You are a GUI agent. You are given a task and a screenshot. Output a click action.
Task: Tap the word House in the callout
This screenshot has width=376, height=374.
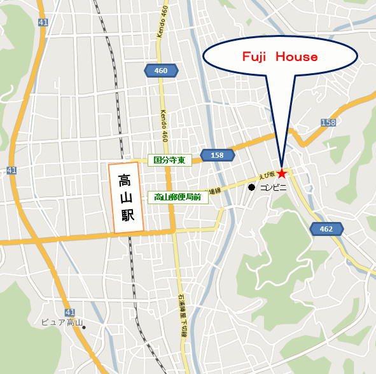tap(297, 57)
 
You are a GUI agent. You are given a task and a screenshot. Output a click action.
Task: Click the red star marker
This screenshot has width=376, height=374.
tap(282, 172)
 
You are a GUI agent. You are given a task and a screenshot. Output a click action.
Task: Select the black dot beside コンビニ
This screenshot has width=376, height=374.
tap(252, 188)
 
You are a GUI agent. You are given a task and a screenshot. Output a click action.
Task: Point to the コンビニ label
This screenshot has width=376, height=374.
tap(274, 188)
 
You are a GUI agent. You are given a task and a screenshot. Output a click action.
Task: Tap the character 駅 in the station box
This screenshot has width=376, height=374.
tap(127, 215)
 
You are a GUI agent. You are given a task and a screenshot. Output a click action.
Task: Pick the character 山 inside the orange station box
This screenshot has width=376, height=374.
tap(126, 198)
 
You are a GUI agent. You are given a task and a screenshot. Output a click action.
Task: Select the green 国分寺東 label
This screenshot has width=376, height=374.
tap(170, 160)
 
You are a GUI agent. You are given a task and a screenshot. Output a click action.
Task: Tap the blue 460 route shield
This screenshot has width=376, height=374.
tap(161, 71)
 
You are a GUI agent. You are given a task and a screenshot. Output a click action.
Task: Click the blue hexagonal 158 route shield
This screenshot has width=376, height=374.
tap(217, 155)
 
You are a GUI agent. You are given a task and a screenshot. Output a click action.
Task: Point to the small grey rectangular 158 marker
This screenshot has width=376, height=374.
tap(328, 122)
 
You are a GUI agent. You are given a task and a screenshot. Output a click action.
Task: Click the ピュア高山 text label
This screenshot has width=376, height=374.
tap(61, 322)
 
